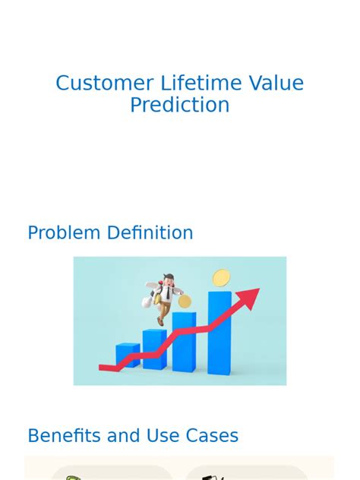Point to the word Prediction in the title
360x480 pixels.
(179, 106)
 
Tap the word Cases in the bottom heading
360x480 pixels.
(211, 436)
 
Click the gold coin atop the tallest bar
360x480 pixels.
(221, 278)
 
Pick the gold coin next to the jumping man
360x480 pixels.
(185, 302)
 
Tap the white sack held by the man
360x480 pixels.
(149, 302)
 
